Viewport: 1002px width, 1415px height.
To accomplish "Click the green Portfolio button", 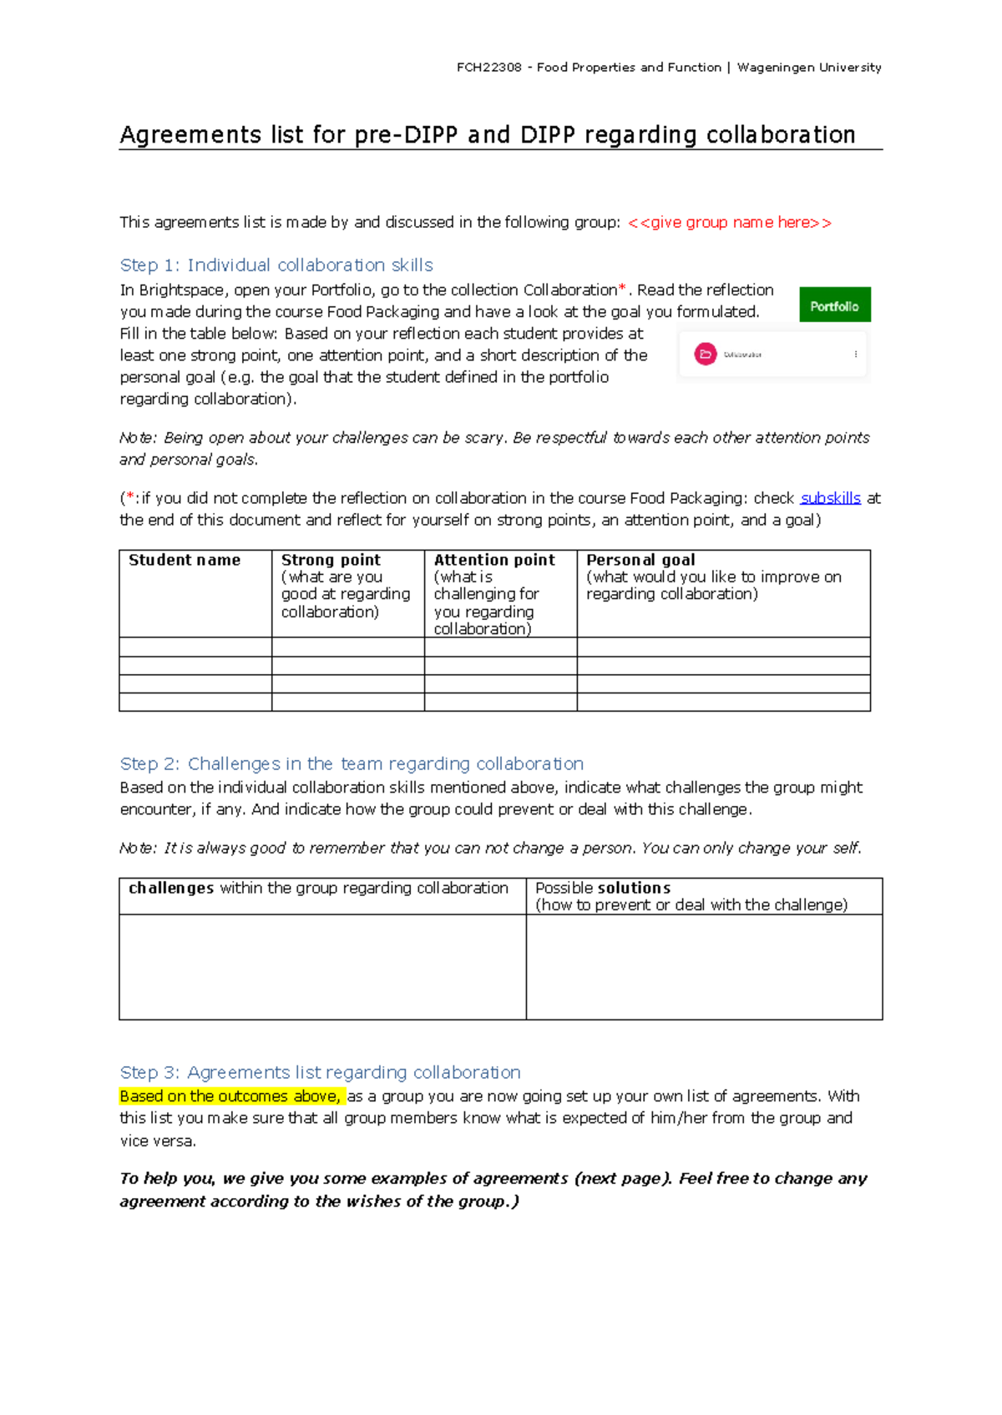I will [x=834, y=305].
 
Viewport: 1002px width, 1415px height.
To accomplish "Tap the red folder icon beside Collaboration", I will [x=706, y=355].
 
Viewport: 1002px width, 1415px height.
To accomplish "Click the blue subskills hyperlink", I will [x=830, y=498].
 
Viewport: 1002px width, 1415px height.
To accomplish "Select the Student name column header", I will [x=185, y=560].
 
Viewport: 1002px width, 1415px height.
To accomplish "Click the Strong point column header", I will [x=331, y=560].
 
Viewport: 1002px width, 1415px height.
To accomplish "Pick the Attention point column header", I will [x=494, y=560].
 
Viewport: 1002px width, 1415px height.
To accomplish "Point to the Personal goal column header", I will [x=640, y=560].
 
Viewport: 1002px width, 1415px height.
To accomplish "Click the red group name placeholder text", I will [x=729, y=223].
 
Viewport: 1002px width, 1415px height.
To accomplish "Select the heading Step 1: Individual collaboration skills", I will [x=276, y=265].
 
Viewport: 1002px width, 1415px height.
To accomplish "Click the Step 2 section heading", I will [x=352, y=763].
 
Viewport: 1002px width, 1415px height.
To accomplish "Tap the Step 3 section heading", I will [x=320, y=1072].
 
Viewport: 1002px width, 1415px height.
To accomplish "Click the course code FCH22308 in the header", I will [x=488, y=68].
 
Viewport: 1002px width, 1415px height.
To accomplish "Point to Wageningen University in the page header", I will [x=809, y=68].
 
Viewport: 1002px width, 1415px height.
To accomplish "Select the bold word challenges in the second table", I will [x=171, y=888].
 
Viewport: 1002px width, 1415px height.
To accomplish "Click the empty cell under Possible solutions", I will [x=704, y=966].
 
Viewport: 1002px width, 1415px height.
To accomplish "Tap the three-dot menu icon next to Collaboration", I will [x=856, y=355].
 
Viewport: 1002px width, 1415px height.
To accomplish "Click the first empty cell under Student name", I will [x=195, y=647].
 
